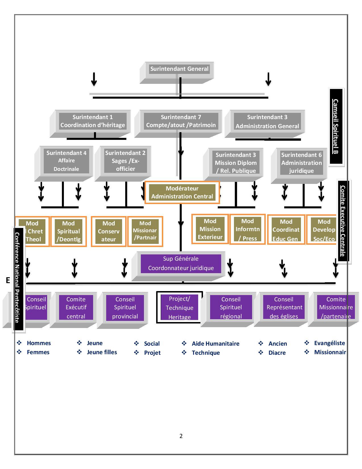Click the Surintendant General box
(x=179, y=69)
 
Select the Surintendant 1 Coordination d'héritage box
(x=93, y=121)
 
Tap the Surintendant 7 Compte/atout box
(x=181, y=121)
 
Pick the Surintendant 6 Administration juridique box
(x=301, y=163)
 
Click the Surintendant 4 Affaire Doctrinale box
(x=66, y=161)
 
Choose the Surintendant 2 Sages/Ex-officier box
(x=125, y=161)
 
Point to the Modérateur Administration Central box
(x=182, y=192)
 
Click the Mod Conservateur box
(x=108, y=231)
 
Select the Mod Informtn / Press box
(x=247, y=229)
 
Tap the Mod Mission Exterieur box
(x=210, y=229)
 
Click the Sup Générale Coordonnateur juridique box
(x=181, y=263)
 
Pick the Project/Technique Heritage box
(x=179, y=308)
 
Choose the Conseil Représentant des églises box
(x=284, y=308)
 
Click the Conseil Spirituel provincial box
(x=125, y=308)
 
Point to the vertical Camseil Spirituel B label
(x=336, y=126)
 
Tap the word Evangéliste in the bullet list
(x=329, y=343)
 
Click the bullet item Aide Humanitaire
(x=215, y=344)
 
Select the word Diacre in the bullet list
(x=277, y=353)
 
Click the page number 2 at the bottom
(x=181, y=436)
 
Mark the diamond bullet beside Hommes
(x=19, y=343)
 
